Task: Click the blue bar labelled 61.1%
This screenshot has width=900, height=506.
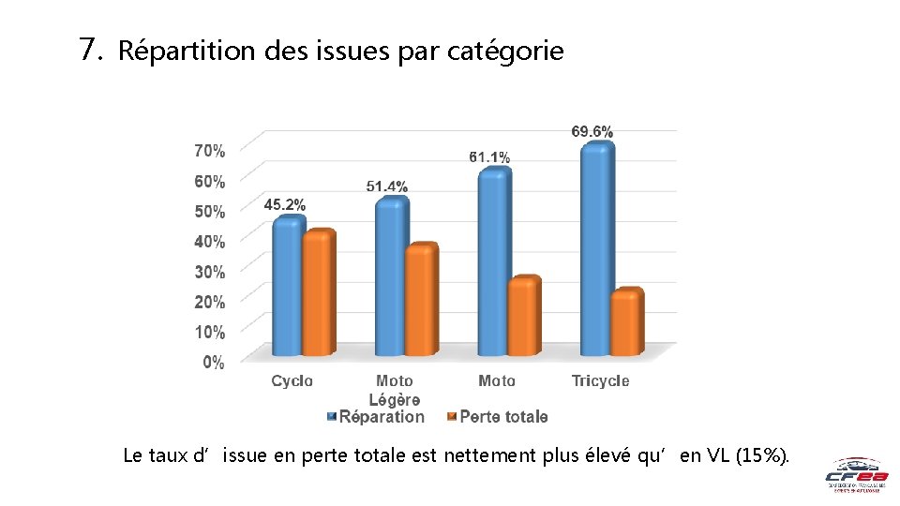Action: (493, 262)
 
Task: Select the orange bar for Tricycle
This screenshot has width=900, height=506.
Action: (625, 322)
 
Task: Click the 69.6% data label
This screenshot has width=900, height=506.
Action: (592, 132)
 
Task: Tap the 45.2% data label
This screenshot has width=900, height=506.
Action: (285, 204)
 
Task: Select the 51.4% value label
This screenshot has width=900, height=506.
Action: (387, 186)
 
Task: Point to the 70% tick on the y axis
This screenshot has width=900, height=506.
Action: (209, 150)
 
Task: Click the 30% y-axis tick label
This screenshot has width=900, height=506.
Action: (209, 272)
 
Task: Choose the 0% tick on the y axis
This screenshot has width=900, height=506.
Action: (214, 363)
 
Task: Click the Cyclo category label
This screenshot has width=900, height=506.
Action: (292, 380)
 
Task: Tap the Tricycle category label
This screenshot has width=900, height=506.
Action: (600, 380)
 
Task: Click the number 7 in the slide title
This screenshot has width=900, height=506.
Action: (90, 49)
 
